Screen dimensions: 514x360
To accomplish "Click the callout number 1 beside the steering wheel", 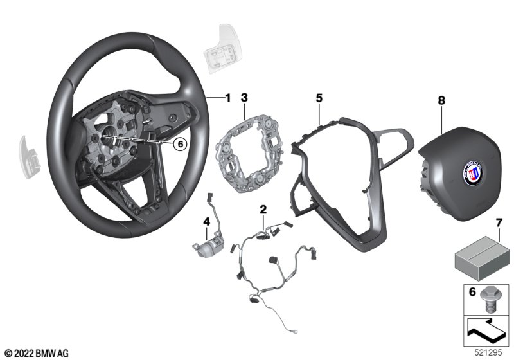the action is pos(227,98).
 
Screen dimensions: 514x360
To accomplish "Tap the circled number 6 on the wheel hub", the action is pos(181,144).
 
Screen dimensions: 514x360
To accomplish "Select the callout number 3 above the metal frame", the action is pos(244,97).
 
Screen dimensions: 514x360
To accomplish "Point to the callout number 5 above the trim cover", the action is pos(319,98).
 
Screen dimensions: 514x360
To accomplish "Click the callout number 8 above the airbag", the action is pos(441,100).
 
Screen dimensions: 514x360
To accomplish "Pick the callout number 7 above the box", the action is pos(499,223).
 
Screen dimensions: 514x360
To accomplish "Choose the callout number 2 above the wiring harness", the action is pos(263,209).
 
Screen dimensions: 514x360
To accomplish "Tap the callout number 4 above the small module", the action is pos(206,222).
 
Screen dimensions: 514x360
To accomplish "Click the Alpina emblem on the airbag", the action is pos(473,173).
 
